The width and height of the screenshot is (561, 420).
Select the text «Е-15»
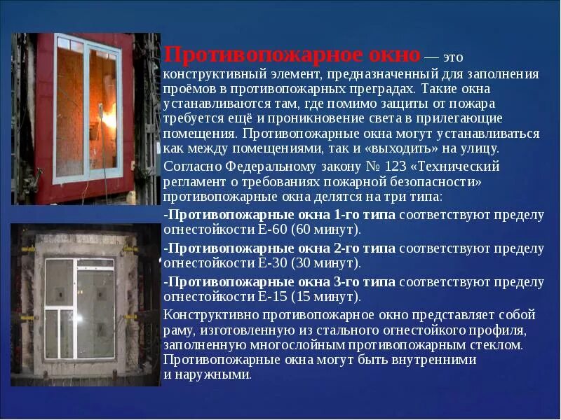[271, 297]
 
